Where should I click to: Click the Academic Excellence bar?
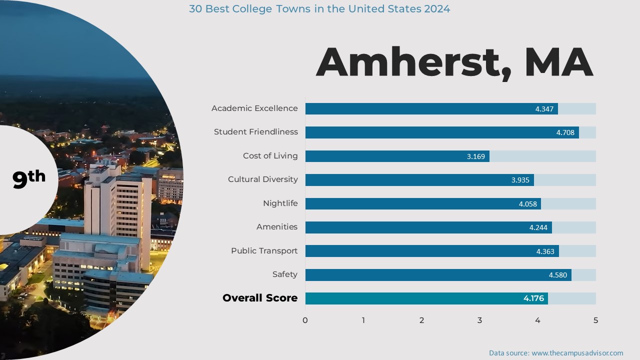[x=431, y=108]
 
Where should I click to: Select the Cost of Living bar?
[x=397, y=156]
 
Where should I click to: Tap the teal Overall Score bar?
[x=426, y=298]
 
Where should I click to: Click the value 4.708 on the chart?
[x=565, y=132]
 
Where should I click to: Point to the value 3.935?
[x=520, y=180]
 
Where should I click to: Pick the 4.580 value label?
[x=557, y=275]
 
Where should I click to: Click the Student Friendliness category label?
[x=255, y=132]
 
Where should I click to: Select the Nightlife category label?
[x=280, y=203]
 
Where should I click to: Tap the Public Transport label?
[x=264, y=251]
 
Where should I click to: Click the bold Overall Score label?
[x=259, y=298]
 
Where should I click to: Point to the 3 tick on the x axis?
[x=479, y=320]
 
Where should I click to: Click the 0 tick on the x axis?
[x=305, y=320]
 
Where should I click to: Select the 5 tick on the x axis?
[x=595, y=320]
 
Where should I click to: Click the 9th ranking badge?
[x=29, y=178]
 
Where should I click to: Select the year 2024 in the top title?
[x=436, y=9]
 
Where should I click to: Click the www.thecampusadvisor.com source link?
[x=577, y=353]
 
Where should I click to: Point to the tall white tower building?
[x=117, y=210]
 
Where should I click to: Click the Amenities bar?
[x=428, y=227]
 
